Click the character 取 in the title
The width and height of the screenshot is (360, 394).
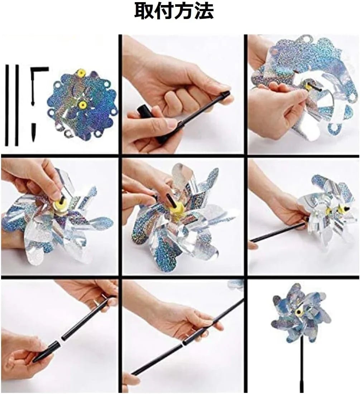144,11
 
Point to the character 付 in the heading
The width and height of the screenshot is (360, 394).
164,11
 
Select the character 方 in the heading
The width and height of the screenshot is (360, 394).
184,11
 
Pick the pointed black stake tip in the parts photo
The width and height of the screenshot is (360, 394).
34,132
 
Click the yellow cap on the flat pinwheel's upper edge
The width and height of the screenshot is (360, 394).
81,73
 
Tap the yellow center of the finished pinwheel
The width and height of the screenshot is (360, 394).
299,312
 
